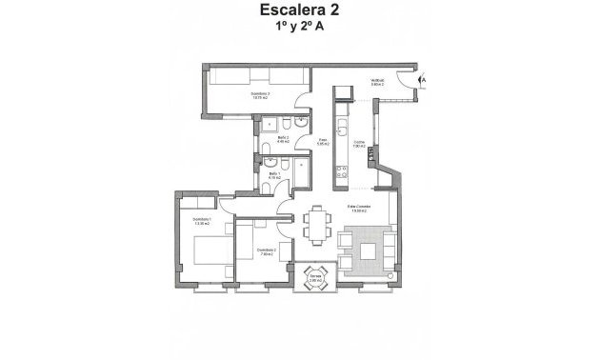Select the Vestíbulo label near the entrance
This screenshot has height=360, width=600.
[x=378, y=82]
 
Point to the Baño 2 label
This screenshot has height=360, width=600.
[x=282, y=139]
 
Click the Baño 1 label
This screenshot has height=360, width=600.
[x=274, y=174]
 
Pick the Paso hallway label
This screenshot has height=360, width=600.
[x=323, y=142]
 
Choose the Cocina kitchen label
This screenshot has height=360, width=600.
[x=359, y=144]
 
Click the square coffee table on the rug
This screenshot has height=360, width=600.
[x=367, y=250]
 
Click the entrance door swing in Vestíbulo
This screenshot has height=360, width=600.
[x=408, y=79]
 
